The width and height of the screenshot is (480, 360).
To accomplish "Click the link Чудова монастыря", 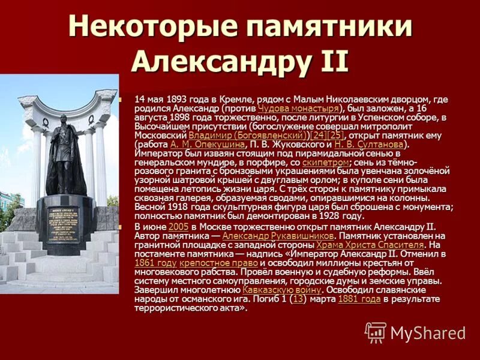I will pyautogui.click(x=298, y=108).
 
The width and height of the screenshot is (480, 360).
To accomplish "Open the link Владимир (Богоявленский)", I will pyautogui.click(x=247, y=136).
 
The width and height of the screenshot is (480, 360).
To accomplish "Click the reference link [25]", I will pyautogui.click(x=335, y=136).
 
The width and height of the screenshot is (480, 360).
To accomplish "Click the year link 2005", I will pyautogui.click(x=179, y=226).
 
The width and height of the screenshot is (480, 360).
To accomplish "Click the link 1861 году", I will pyautogui.click(x=155, y=263).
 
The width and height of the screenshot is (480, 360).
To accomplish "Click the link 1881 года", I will pyautogui.click(x=359, y=299).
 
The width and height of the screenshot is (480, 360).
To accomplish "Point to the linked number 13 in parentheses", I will pyautogui.click(x=298, y=299).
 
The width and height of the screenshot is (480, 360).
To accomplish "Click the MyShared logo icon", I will pyautogui.click(x=376, y=332).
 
